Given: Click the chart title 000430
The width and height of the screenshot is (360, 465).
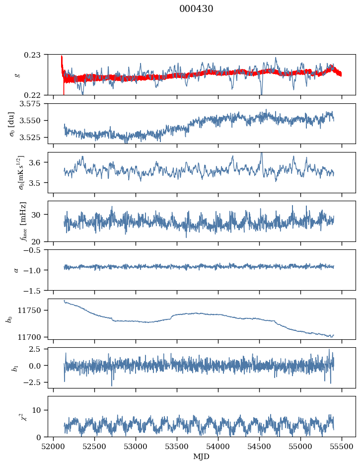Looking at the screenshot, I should pyautogui.click(x=196, y=9).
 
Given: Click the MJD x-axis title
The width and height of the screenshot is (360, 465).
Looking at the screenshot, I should pyautogui.click(x=202, y=457).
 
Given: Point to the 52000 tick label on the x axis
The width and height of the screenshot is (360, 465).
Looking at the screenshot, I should pyautogui.click(x=54, y=446).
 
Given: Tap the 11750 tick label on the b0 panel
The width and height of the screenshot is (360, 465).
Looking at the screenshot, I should pyautogui.click(x=34, y=310).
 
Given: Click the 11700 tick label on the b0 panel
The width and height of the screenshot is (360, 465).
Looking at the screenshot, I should pyautogui.click(x=34, y=337).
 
